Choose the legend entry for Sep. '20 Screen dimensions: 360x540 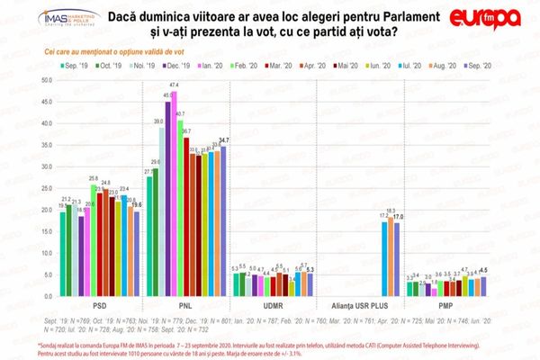(x=475, y=67)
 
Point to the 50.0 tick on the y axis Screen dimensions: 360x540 (x=43, y=80)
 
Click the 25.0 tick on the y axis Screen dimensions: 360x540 (x=43, y=189)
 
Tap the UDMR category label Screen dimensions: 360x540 (x=272, y=306)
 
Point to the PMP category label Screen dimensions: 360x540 (x=445, y=306)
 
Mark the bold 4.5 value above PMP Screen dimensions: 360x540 (x=483, y=270)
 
